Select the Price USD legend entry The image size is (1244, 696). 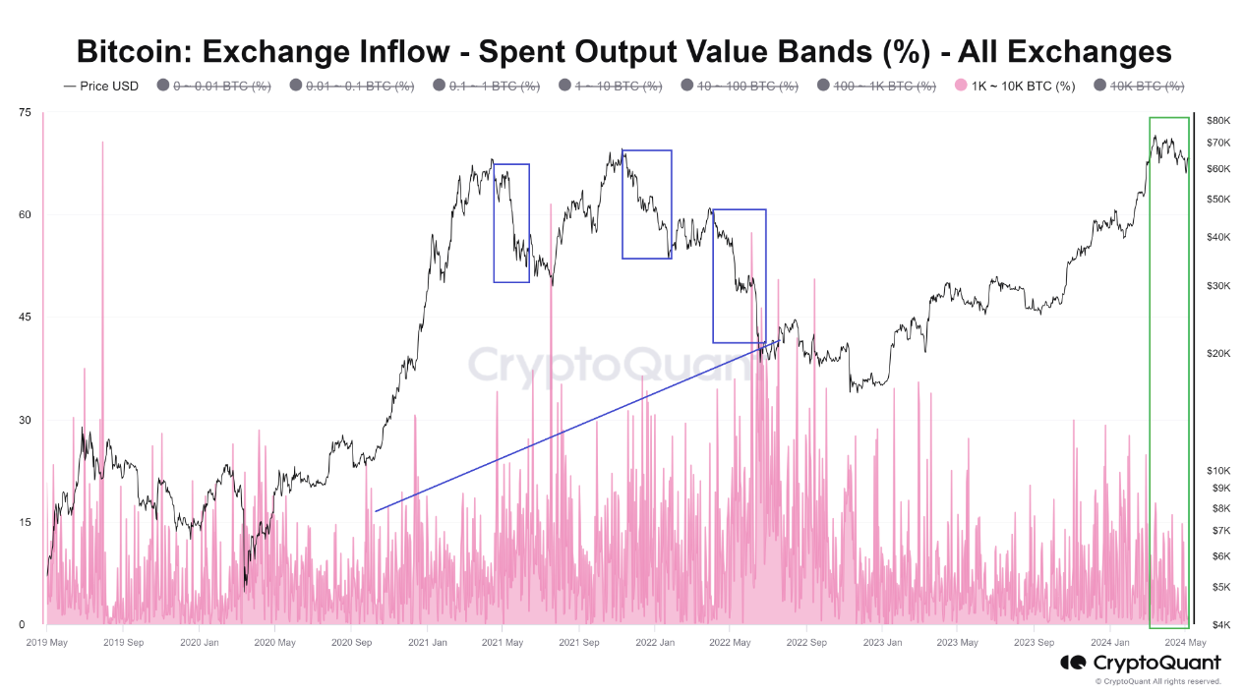[101, 87]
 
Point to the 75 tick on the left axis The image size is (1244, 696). [24, 113]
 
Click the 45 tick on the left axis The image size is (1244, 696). [24, 318]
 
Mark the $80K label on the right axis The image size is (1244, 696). [1217, 120]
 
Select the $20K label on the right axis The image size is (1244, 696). [1217, 353]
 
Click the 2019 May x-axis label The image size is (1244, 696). [46, 643]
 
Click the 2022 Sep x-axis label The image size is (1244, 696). [803, 643]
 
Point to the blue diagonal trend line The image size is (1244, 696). [570, 428]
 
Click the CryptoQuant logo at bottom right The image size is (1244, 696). [1140, 663]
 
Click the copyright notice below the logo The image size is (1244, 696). [1157, 681]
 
